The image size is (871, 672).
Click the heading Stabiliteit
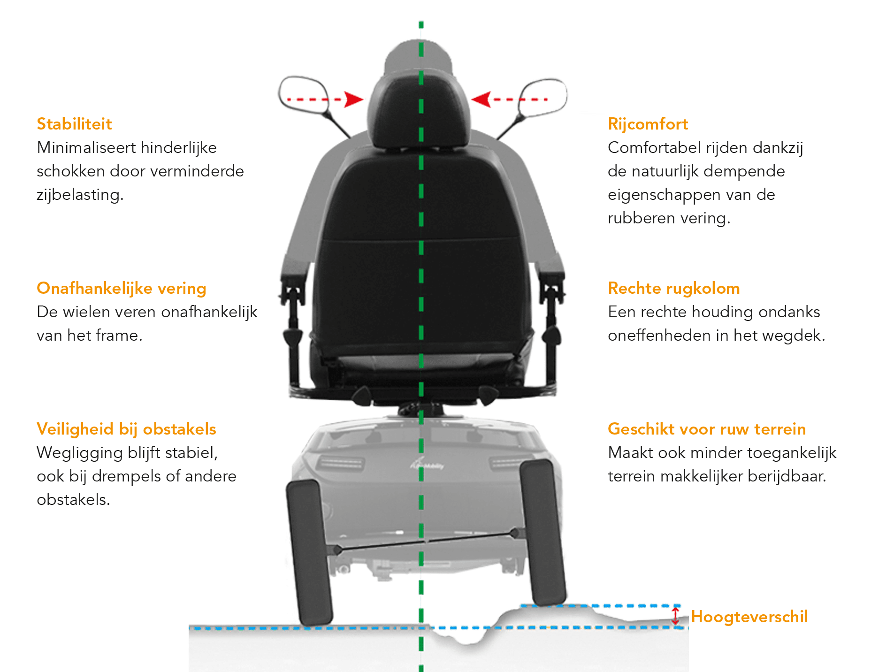[x=74, y=124]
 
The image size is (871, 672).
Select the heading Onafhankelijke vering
[x=121, y=288]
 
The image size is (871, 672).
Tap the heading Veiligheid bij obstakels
[x=126, y=429]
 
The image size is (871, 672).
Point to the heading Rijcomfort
[x=648, y=124]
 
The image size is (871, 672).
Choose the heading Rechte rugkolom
[x=673, y=288]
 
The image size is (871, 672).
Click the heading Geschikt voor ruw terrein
[x=706, y=429]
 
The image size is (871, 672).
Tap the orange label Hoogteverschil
[x=749, y=617]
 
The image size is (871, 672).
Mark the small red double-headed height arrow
[x=675, y=616]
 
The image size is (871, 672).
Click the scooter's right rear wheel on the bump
[x=542, y=533]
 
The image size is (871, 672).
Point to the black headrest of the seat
[x=419, y=110]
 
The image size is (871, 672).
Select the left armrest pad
[x=296, y=271]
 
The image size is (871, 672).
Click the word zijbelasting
[x=80, y=195]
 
